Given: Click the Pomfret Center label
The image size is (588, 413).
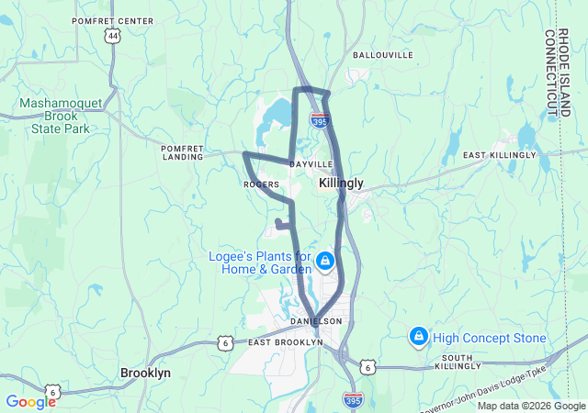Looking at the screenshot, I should coord(118,19).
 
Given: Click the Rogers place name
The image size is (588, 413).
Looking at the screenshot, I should coord(260,184).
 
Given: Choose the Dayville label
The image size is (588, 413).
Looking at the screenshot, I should coord(304,164).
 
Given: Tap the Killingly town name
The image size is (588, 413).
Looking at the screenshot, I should coord(341,184).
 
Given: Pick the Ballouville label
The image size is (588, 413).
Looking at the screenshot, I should coord(383,55).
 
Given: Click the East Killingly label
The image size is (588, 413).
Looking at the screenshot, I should coord(499,155).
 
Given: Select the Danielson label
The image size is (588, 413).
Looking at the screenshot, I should coord(315,321).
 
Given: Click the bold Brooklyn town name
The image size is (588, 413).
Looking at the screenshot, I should coord(145,374).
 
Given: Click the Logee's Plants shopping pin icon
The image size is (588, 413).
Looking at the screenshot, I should coord(324,262).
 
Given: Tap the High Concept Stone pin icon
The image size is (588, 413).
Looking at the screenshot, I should coord(418,338).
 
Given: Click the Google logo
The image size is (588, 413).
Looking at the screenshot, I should coord(30,402).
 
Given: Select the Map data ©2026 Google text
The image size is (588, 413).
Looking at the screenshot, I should coord(530,407).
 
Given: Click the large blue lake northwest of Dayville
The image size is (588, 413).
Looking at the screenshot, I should coord(275,117).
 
